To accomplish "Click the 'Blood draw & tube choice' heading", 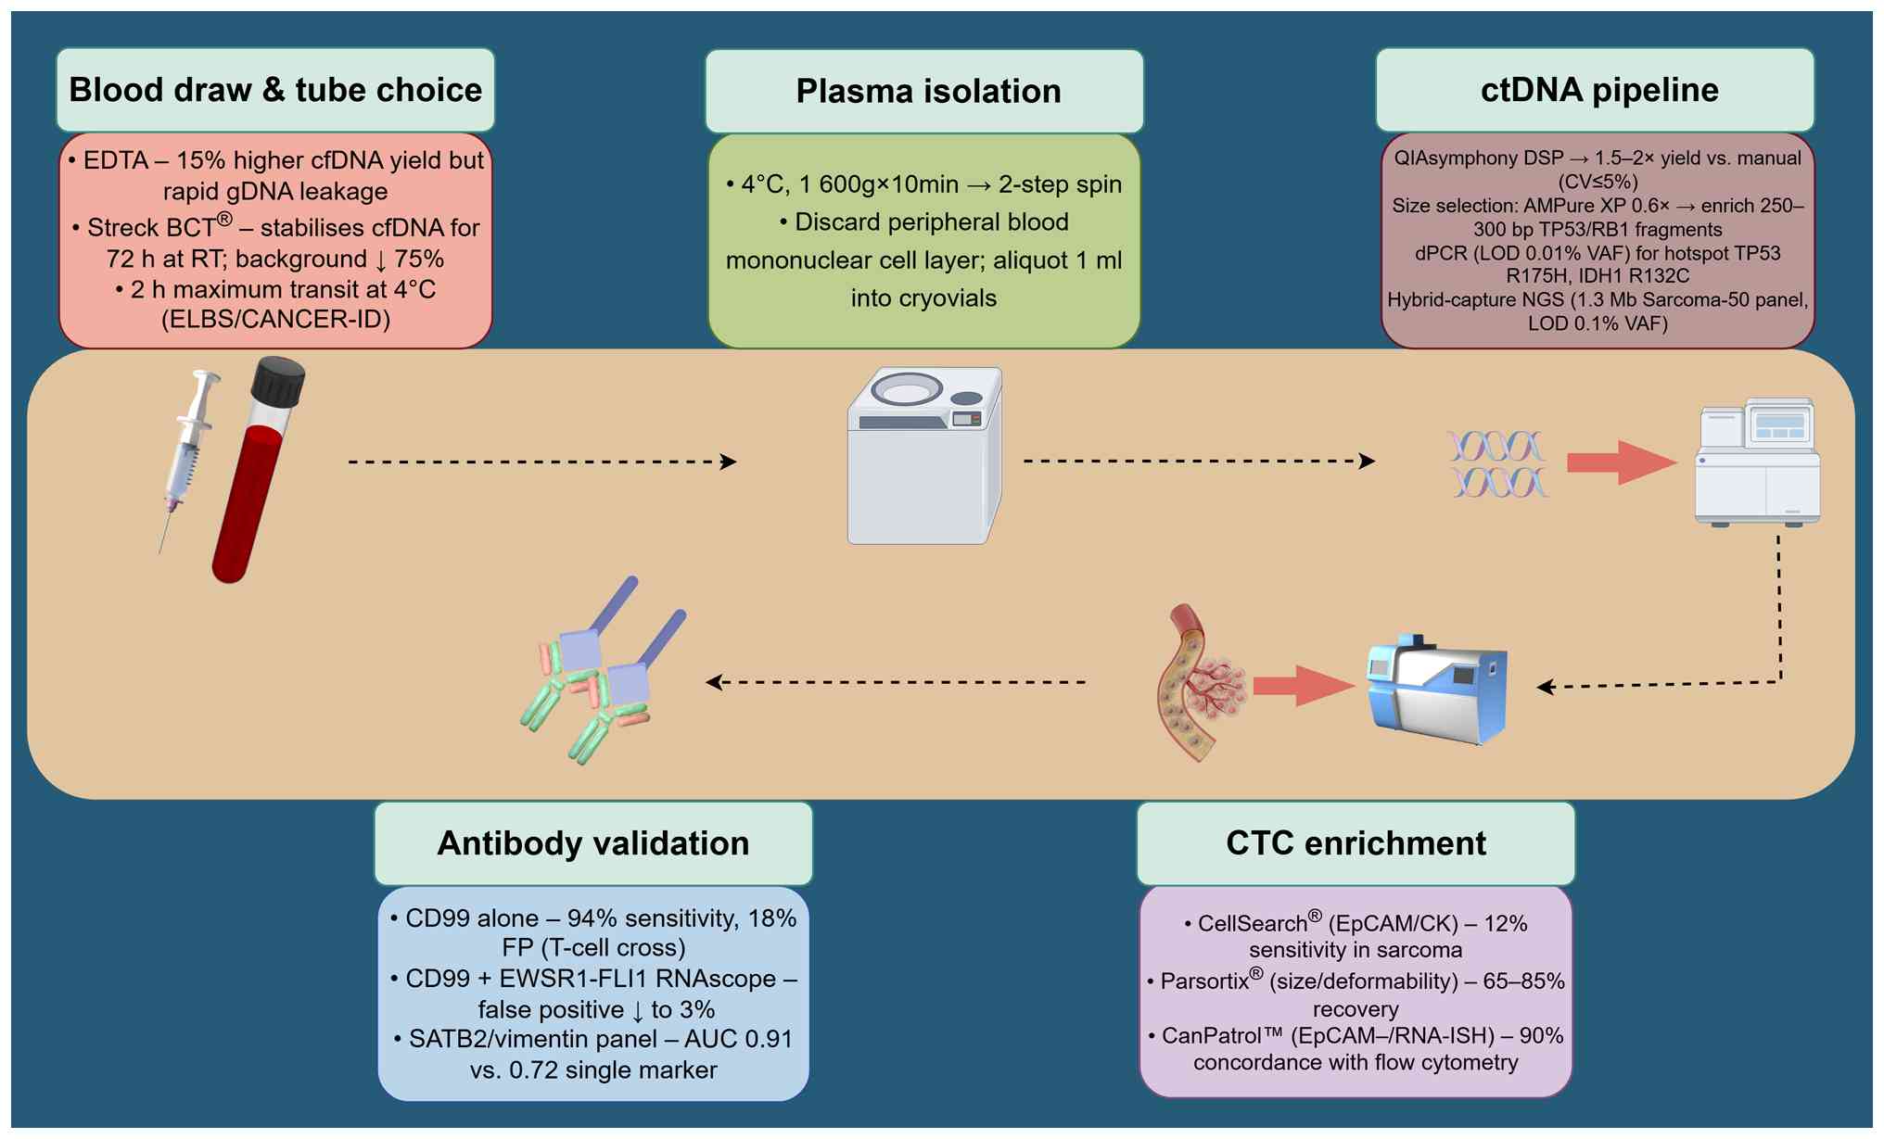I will click(x=275, y=90).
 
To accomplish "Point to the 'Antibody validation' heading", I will click(x=593, y=843).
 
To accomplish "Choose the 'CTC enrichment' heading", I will click(x=1356, y=843).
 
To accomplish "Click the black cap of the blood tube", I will click(x=278, y=381).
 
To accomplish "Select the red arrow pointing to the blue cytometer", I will click(x=1303, y=686).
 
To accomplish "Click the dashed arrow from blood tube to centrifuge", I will click(x=541, y=462).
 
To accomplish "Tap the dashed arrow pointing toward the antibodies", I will click(x=895, y=683).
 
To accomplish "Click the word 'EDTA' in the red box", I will click(x=116, y=160).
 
